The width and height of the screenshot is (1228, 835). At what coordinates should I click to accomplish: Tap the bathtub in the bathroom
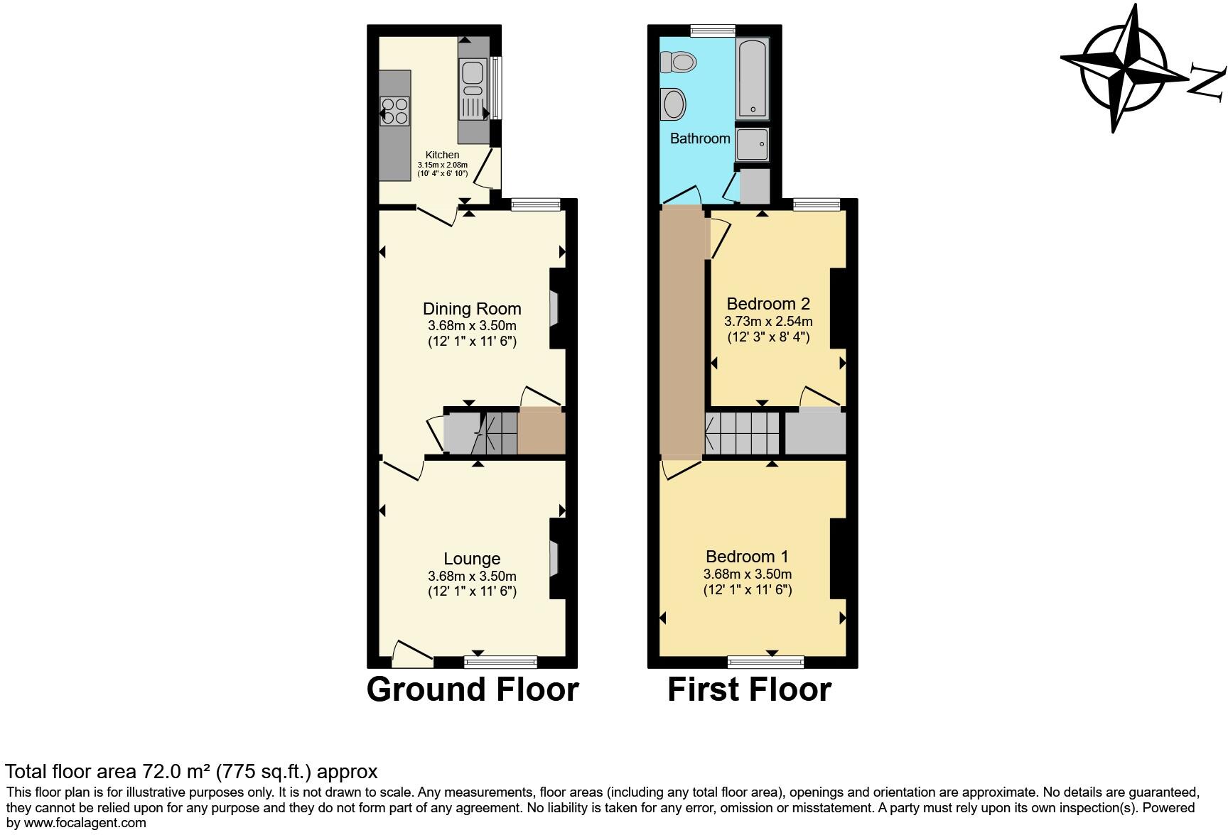click(x=753, y=79)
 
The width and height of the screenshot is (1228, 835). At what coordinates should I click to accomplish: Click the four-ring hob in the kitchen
click(x=395, y=111)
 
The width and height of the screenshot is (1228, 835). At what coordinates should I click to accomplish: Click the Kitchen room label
click(x=442, y=155)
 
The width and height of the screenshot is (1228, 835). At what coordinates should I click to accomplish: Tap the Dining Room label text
click(x=472, y=309)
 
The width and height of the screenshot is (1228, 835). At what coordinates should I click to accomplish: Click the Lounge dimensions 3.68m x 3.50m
click(x=472, y=576)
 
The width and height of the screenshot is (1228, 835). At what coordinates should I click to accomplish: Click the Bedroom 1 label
click(x=747, y=557)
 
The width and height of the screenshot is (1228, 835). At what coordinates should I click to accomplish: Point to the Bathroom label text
click(x=700, y=138)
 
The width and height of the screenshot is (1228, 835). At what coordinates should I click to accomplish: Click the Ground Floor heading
click(x=473, y=689)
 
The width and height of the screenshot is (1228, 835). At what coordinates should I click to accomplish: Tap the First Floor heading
click(x=749, y=689)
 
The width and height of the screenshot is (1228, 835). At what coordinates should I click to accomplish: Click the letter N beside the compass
click(x=1207, y=81)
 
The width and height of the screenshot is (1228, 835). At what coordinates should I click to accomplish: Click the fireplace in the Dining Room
click(x=554, y=308)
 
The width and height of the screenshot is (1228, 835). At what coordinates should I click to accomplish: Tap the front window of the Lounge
click(x=500, y=662)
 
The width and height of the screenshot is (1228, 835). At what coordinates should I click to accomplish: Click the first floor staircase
click(x=743, y=433)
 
